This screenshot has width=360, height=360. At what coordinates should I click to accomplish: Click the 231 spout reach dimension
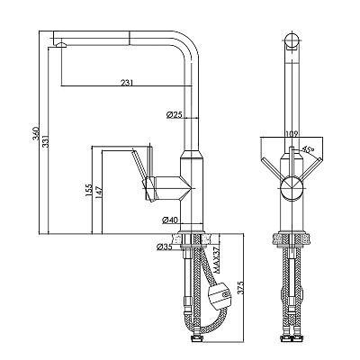[x=127, y=83]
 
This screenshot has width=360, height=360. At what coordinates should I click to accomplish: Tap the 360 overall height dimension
[x=36, y=134]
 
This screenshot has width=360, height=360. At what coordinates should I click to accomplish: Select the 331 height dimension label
[x=45, y=141]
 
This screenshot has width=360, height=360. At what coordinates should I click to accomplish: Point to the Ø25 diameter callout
[x=175, y=114]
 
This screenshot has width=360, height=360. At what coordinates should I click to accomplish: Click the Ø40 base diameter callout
[x=170, y=220]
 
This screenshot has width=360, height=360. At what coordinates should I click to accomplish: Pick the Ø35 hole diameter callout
[x=165, y=247]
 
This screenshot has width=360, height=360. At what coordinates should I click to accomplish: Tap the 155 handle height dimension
[x=88, y=191]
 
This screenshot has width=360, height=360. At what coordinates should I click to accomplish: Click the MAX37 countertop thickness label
[x=218, y=260]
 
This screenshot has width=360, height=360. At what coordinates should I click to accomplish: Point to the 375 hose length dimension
[x=240, y=287]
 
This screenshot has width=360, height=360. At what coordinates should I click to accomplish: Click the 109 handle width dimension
[x=292, y=134]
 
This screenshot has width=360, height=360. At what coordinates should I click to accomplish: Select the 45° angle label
[x=308, y=148]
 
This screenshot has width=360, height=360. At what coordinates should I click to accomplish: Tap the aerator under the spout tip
[x=61, y=45]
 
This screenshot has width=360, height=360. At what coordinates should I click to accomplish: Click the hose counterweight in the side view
[x=220, y=294]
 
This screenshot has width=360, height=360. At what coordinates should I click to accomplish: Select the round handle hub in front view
[x=292, y=188]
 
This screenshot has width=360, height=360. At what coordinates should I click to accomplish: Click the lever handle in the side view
[x=139, y=165]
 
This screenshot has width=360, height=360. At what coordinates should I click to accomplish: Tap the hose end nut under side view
[x=197, y=339]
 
